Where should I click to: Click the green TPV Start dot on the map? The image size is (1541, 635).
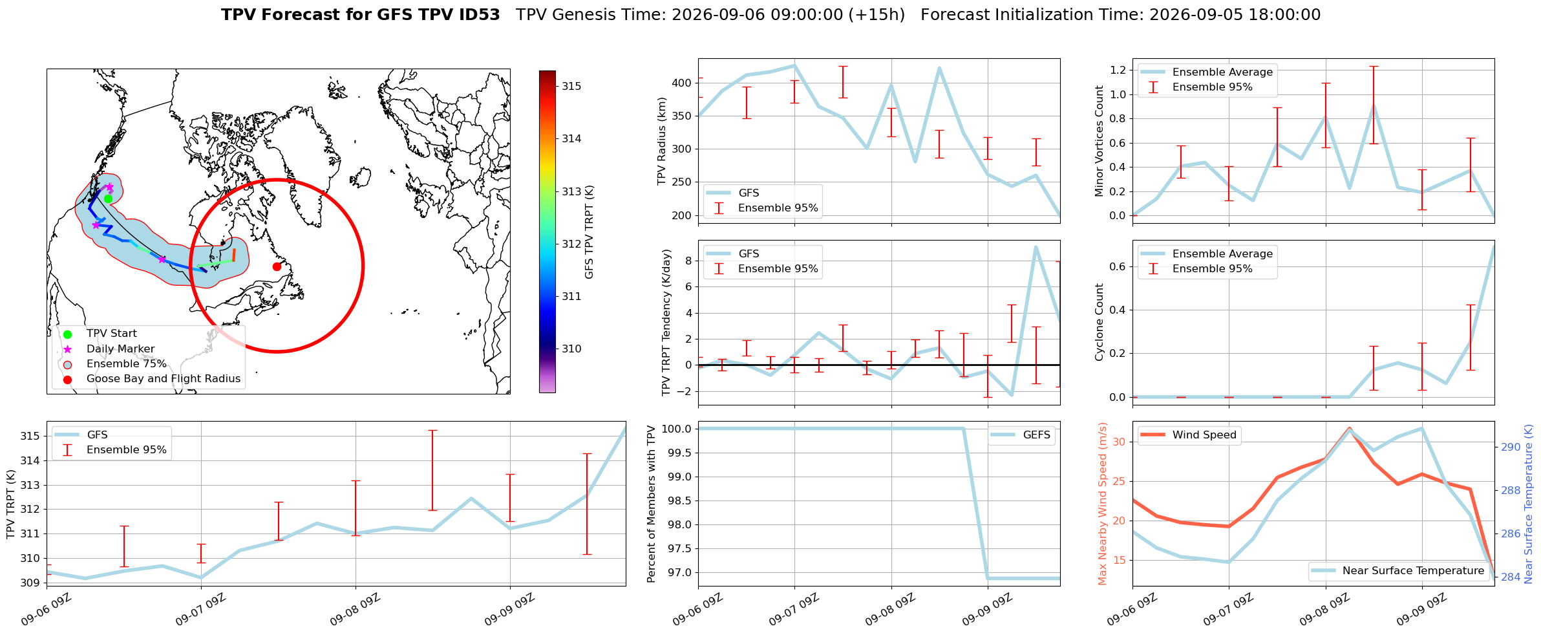click(x=108, y=199)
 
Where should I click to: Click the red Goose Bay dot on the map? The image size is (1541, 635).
click(x=277, y=266)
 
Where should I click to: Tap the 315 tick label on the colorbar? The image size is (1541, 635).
click(x=571, y=86)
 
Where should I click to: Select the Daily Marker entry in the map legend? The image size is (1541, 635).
click(x=120, y=349)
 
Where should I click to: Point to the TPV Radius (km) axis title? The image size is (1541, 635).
click(x=661, y=141)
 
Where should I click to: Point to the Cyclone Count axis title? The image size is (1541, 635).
click(x=1099, y=322)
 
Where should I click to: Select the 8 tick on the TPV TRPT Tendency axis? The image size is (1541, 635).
click(x=688, y=261)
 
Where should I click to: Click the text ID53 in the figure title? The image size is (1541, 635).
click(x=478, y=15)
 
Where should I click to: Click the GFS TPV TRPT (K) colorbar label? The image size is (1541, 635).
click(x=589, y=232)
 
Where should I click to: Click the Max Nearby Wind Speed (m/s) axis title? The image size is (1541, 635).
click(x=1103, y=504)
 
